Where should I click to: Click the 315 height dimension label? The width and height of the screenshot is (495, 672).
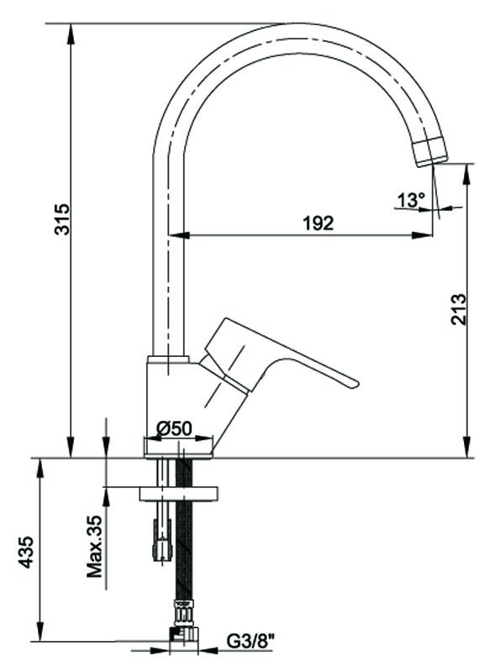click(x=61, y=219)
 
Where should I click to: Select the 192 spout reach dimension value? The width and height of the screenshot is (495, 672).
click(x=318, y=223)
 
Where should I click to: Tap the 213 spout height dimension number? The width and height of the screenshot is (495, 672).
click(x=458, y=309)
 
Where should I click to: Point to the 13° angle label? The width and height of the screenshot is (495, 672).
click(x=411, y=200)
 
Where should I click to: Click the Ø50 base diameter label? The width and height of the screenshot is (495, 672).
click(x=174, y=428)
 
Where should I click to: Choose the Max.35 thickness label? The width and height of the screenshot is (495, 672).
click(x=95, y=546)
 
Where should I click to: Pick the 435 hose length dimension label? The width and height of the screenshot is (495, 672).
click(x=27, y=552)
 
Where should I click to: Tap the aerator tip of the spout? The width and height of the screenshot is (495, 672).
click(x=430, y=152)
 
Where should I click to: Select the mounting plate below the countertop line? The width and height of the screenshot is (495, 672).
click(x=179, y=493)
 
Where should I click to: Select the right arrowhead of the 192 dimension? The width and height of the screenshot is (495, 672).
click(x=422, y=235)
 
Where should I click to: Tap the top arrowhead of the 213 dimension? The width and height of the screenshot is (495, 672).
click(x=466, y=174)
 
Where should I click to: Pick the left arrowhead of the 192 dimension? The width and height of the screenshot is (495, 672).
click(x=179, y=235)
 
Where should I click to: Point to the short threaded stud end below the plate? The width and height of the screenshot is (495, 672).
click(x=162, y=540)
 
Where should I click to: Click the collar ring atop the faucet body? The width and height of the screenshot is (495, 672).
click(x=168, y=360)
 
